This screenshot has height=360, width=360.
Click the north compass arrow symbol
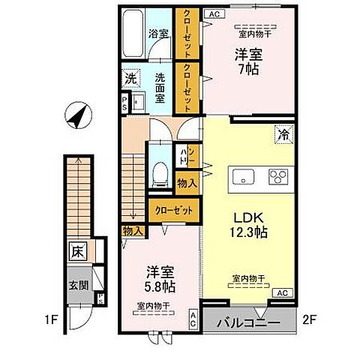pos(76,117)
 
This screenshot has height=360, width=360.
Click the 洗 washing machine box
pos(130,77)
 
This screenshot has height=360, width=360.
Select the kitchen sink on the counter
pos(244,178)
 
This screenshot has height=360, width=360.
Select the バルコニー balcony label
pos(248,323)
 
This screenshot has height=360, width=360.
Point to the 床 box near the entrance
pos(78,250)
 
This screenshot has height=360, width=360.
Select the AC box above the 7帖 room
pos(213,13)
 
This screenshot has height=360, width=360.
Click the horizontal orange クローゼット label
pos(172,211)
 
